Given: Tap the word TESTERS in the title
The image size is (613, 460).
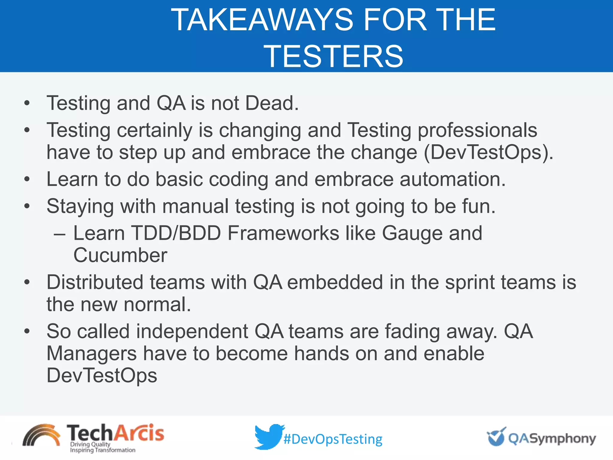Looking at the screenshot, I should click(x=333, y=56).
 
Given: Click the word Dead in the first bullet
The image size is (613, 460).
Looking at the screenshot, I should click(x=271, y=103).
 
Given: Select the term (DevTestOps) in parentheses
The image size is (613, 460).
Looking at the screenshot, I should click(x=488, y=152).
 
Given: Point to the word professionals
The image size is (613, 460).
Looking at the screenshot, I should click(x=477, y=130).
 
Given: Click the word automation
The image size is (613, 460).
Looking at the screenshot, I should click(x=453, y=179).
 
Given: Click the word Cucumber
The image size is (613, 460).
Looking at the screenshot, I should click(x=120, y=255).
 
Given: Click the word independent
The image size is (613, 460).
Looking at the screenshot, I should click(x=192, y=332).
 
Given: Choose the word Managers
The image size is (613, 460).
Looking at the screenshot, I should click(x=91, y=354).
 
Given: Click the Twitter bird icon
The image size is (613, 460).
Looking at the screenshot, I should click(x=268, y=437).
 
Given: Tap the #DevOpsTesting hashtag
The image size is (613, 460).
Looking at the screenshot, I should click(x=333, y=439).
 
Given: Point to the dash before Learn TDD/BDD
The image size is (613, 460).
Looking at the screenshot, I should click(x=59, y=234).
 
